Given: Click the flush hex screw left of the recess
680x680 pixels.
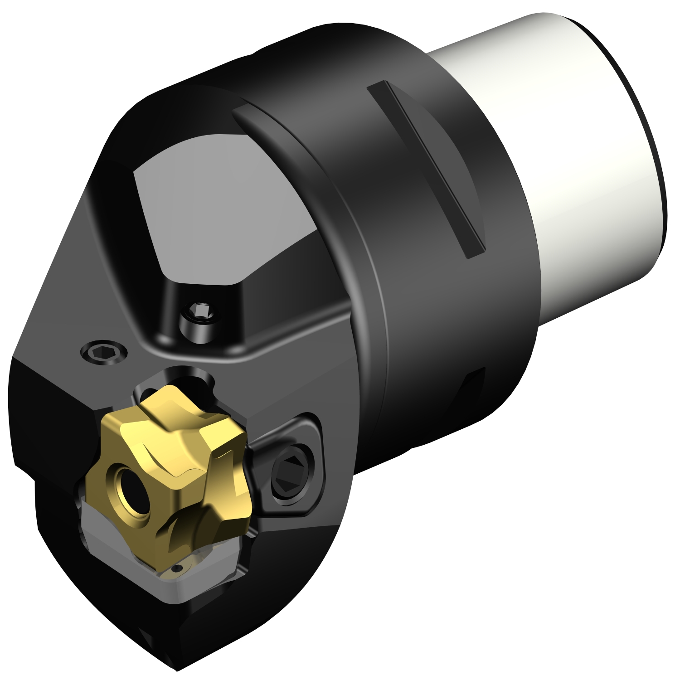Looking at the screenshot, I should pyautogui.click(x=104, y=351).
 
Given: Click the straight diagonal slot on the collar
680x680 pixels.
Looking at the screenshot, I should pyautogui.click(x=426, y=168).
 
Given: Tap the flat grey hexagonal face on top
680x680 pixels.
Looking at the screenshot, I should pyautogui.click(x=218, y=204).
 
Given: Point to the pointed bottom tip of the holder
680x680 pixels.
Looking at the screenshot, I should pyautogui.click(x=175, y=666).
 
